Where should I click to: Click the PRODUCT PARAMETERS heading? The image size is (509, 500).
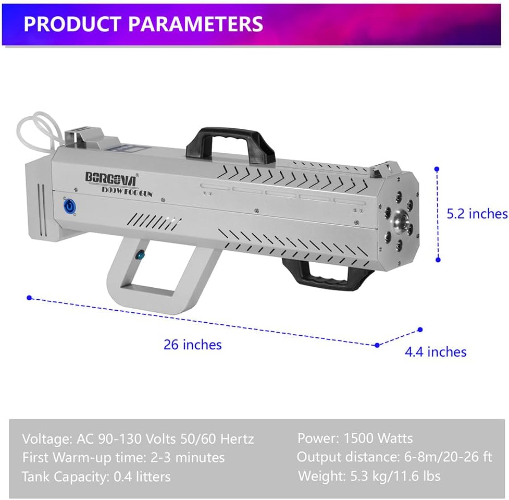coord(143,24)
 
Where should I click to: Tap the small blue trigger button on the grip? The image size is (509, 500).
coord(140,255)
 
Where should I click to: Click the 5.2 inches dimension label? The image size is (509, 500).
coord(477,213)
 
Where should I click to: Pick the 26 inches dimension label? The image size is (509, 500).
coord(192,345)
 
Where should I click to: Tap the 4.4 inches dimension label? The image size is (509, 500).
coord(436,352)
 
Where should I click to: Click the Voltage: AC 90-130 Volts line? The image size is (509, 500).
coord(138,438)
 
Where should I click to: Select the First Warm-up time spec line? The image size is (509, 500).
coord(123,457)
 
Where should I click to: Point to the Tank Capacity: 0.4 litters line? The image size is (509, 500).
coord(96,476)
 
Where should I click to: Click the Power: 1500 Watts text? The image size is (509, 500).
coord(355,438)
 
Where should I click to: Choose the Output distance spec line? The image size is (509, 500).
coord(394,457)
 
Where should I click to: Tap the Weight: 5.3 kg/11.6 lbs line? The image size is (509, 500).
coord(369,475)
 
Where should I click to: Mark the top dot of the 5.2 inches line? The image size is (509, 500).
coord(437,169)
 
